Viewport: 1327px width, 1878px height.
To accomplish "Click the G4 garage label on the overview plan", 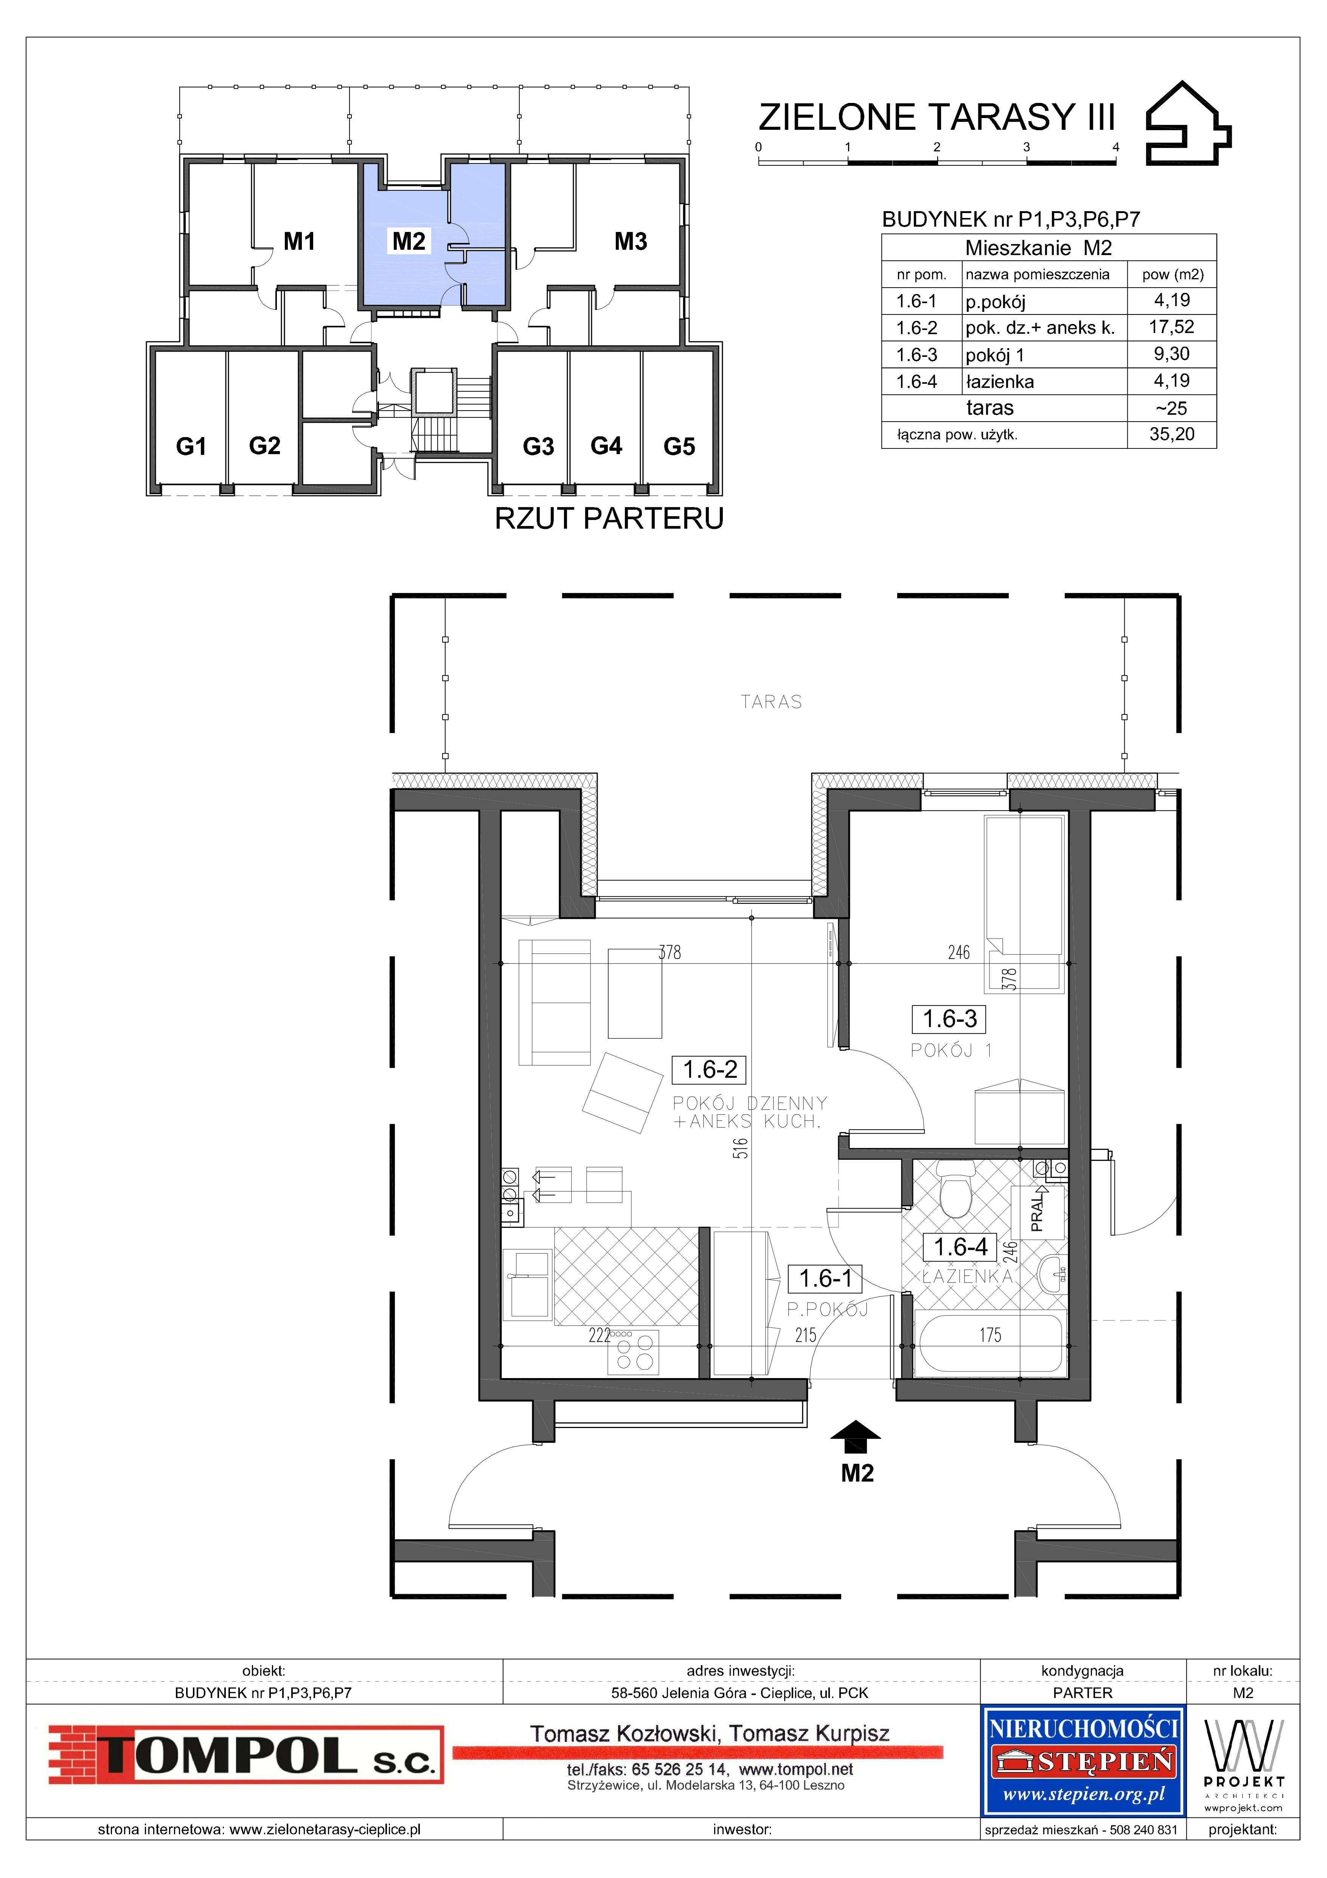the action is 606,446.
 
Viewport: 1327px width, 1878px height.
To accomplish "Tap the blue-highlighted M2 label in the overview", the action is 409,241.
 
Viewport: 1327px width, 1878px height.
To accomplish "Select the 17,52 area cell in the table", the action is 1171,327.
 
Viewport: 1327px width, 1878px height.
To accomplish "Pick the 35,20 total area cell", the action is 1171,434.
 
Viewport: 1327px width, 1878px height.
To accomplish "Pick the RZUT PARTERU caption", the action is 609,518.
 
